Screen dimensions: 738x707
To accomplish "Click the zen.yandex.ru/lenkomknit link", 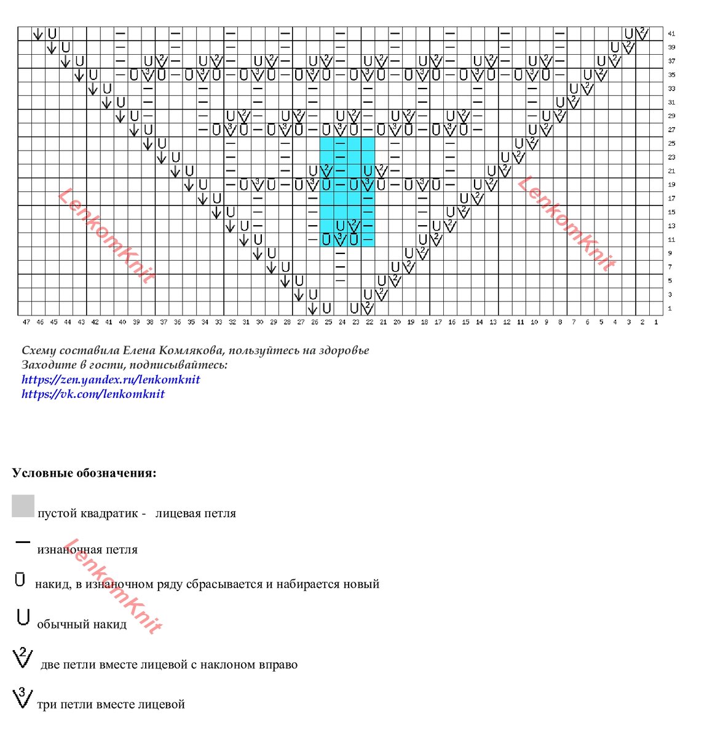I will [x=111, y=379].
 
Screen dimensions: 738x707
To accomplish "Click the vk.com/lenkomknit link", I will [x=93, y=394].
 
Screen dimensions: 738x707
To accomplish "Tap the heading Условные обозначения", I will [x=84, y=474].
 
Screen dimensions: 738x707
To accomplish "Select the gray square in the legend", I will [x=23, y=506].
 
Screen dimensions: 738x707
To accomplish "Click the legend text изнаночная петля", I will [x=87, y=550].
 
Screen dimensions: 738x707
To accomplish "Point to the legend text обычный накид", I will [x=82, y=625].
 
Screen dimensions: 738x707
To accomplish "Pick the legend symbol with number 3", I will [x=22, y=699].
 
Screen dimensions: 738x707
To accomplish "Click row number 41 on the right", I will [x=671, y=34].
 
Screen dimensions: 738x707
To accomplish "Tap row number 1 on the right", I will [x=669, y=309].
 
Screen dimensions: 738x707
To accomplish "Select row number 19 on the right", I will [x=671, y=184].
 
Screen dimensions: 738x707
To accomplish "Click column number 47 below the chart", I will [x=26, y=322].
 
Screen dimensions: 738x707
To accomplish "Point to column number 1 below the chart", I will [x=656, y=322].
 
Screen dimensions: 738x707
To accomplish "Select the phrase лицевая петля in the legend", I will [x=196, y=514].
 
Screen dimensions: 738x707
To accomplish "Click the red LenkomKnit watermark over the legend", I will [x=117, y=584].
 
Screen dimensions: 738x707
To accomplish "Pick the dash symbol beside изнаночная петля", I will [x=23, y=542].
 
